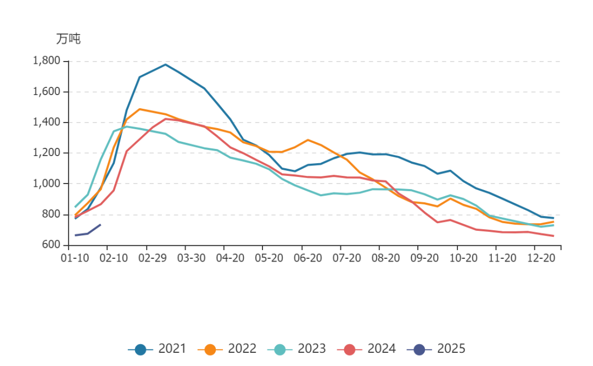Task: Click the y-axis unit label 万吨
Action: tap(68, 40)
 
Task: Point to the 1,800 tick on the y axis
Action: tap(47, 61)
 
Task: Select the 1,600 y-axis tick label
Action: tap(47, 92)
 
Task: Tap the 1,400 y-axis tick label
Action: tap(47, 123)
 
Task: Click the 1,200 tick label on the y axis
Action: tap(47, 153)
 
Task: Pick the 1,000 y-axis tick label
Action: tap(47, 184)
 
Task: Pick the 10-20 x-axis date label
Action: tap(458, 258)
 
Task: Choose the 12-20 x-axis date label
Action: tap(536, 258)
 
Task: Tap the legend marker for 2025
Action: tap(419, 348)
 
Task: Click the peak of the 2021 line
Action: tap(165, 64)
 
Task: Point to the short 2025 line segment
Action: tap(88, 232)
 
